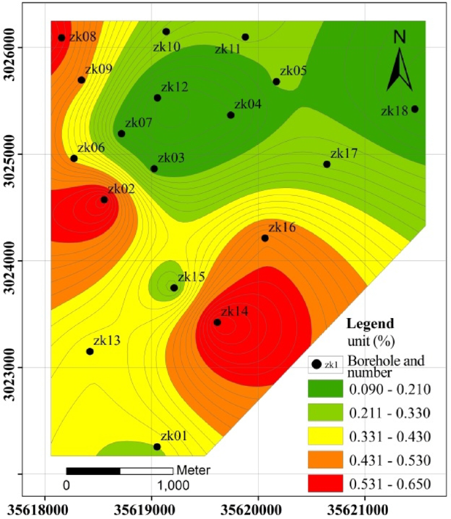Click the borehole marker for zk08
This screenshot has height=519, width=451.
click(x=61, y=38)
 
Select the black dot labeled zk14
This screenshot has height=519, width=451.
click(x=217, y=322)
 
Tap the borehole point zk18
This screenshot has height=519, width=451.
click(x=415, y=109)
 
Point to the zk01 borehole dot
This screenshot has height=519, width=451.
click(x=157, y=447)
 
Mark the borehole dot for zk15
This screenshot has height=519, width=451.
click(x=174, y=288)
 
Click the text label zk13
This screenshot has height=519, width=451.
click(x=107, y=341)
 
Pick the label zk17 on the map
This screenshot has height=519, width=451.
click(x=344, y=153)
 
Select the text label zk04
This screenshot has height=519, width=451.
click(x=248, y=104)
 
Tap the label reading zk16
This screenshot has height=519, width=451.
click(x=282, y=228)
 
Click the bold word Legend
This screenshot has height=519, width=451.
click(x=370, y=324)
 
